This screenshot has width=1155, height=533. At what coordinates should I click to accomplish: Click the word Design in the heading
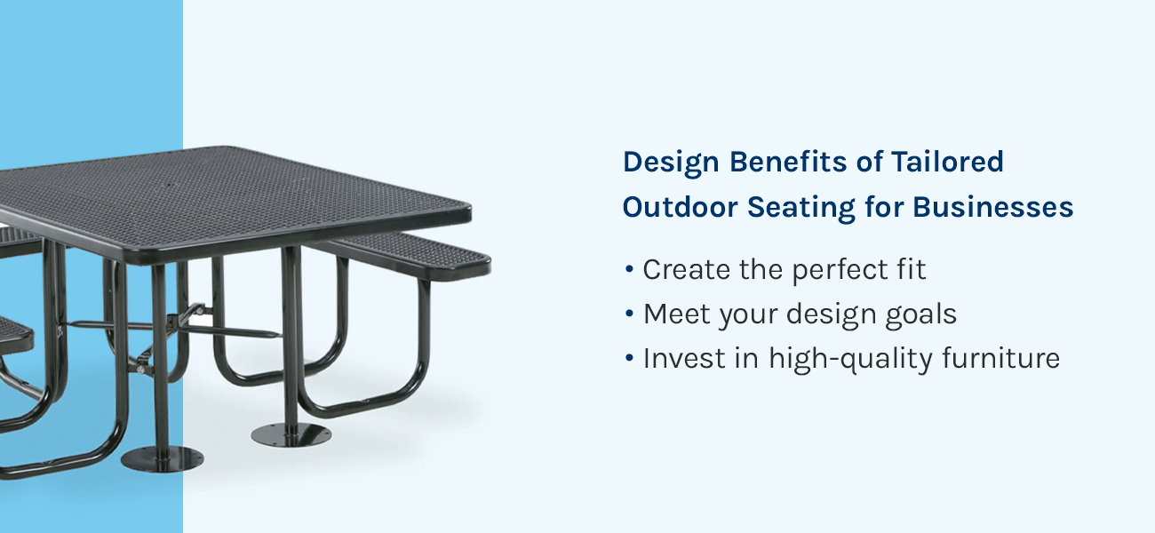(x=671, y=163)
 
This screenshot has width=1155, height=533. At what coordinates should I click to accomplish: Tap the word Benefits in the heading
(x=789, y=162)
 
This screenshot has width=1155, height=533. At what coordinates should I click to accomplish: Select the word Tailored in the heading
(x=947, y=162)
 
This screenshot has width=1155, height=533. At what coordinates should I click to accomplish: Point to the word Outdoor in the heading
(x=680, y=207)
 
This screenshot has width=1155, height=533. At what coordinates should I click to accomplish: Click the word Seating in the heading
(x=801, y=208)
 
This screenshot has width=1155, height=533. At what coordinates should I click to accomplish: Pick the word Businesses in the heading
(x=992, y=207)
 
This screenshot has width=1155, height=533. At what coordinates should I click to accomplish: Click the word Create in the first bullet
(x=686, y=269)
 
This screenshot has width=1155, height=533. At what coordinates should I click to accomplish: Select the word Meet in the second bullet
(x=677, y=314)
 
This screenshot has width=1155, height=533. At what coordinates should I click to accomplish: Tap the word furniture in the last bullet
(x=1000, y=358)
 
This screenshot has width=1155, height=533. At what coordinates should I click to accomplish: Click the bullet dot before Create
(x=629, y=269)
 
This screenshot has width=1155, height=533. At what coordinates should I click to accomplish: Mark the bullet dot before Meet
(x=629, y=314)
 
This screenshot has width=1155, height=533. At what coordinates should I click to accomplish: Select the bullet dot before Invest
(x=629, y=358)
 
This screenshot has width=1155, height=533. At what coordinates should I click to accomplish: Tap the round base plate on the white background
(x=291, y=435)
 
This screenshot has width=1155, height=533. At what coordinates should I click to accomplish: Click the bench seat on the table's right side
(x=407, y=255)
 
